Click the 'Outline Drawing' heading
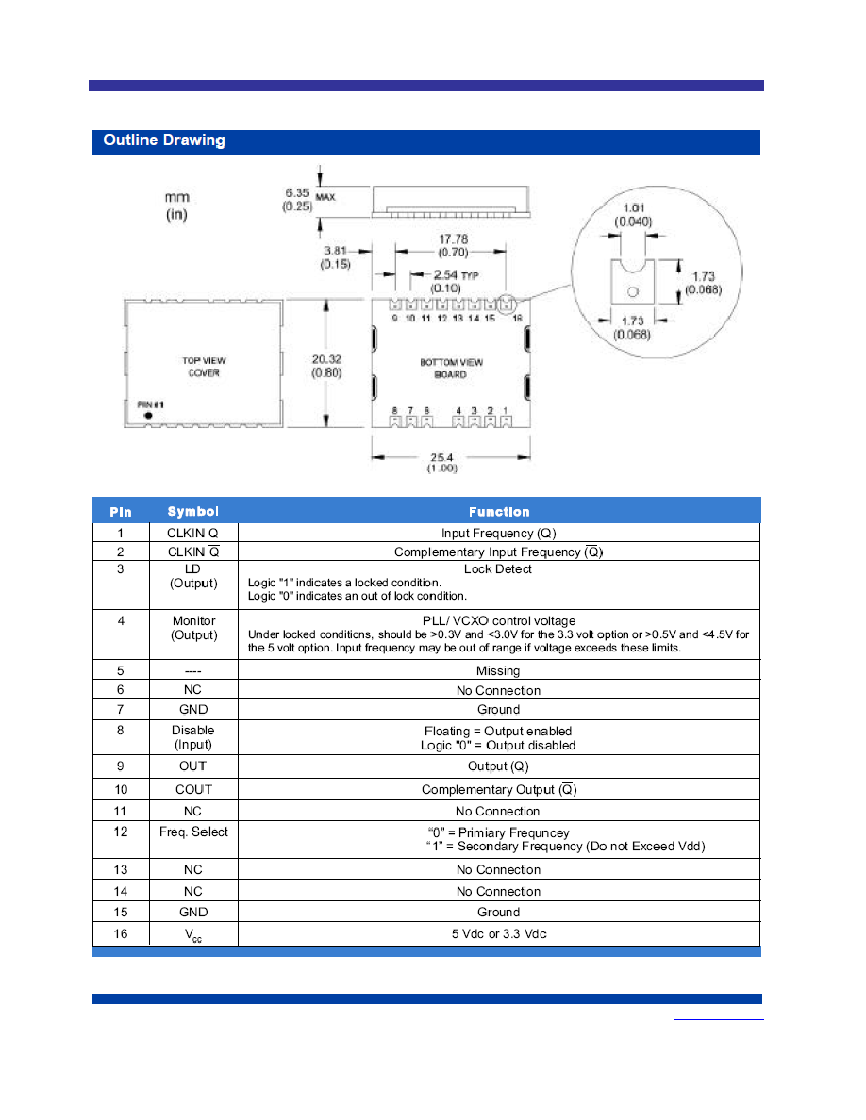point(163,140)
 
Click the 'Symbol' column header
point(193,511)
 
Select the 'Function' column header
point(499,511)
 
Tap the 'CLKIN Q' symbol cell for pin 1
point(192,533)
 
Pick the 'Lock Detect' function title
point(498,569)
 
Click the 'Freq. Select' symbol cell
point(193,832)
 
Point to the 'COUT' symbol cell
point(193,789)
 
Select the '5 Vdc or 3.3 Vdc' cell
point(499,933)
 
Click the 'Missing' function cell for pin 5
point(498,670)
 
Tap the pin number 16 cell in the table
point(121,933)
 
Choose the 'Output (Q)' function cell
point(498,766)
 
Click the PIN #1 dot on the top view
point(148,415)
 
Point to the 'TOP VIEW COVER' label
point(204,367)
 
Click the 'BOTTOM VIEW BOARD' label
point(451,368)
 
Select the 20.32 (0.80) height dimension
point(326,366)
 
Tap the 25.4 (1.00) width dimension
point(442,462)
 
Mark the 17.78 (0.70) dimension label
point(453,245)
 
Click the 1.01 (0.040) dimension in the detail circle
point(633,214)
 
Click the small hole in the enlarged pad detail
point(632,291)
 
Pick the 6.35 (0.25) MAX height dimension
point(308,199)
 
